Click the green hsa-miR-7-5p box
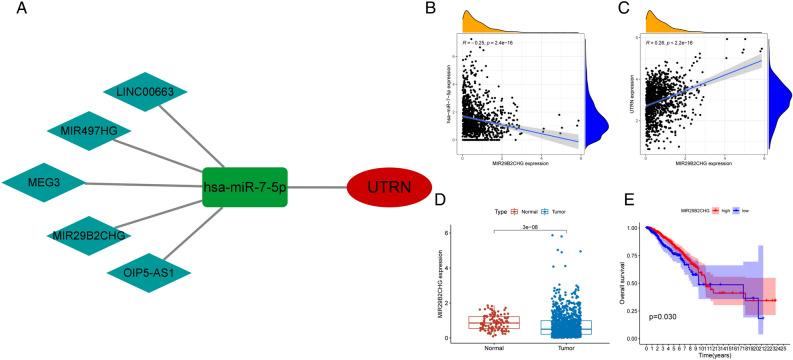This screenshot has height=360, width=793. click(x=244, y=187)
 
